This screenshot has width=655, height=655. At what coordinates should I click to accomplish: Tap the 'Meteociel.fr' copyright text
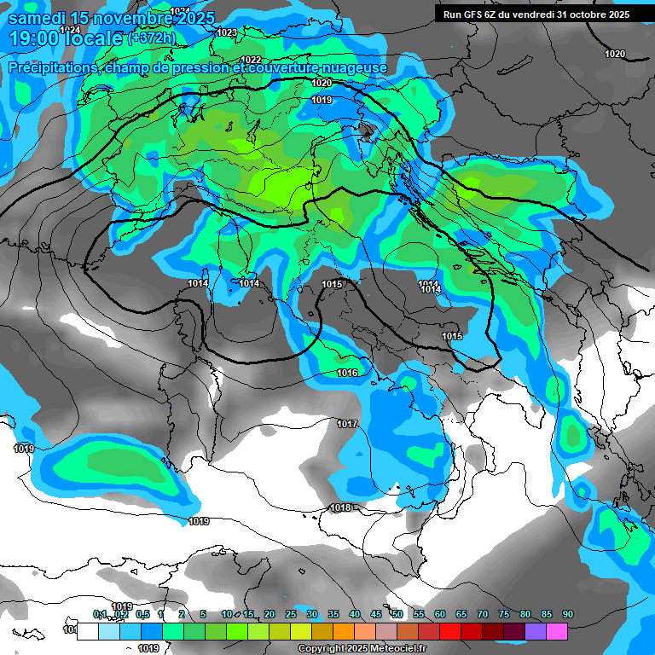tap(403, 649)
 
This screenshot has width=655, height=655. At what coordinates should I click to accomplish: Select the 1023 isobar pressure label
tap(227, 32)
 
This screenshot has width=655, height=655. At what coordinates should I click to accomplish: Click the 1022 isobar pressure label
tap(251, 60)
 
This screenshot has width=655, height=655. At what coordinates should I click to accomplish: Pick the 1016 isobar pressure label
tap(347, 373)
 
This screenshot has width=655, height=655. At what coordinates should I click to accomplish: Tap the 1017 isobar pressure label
tap(347, 424)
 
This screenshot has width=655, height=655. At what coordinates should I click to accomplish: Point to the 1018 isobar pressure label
tap(340, 507)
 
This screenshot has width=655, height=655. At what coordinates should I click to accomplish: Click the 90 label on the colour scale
tap(568, 614)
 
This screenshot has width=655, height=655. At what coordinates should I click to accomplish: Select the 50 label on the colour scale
tap(397, 614)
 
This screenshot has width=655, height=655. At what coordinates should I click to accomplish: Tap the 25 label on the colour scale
tap(291, 614)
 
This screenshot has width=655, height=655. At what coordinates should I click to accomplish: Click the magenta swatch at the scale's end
tap(556, 631)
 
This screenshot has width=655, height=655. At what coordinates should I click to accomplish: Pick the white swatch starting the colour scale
tap(87, 631)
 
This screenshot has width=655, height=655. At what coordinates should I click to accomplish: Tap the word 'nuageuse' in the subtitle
tap(359, 67)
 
